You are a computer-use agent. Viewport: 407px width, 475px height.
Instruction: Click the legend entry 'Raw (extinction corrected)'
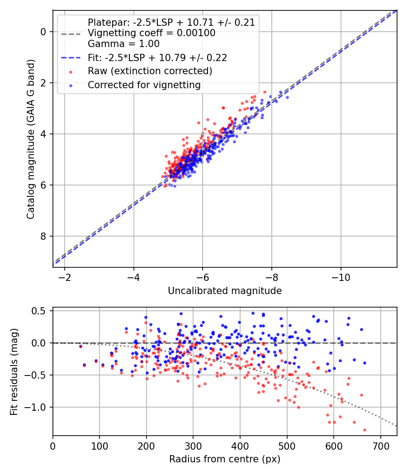coord(150,71)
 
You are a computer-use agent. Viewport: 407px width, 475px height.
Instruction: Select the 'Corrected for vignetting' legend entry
coord(144,85)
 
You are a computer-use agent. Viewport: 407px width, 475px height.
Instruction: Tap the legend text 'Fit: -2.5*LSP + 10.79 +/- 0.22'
coord(157,57)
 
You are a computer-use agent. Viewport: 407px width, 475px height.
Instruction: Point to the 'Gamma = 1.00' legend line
coord(123,44)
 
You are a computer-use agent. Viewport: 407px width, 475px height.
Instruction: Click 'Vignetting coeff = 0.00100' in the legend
coord(151,33)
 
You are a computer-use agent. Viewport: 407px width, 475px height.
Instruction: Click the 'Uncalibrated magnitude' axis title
coord(225,291)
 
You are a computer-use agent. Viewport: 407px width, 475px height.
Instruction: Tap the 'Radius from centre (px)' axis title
coord(225,459)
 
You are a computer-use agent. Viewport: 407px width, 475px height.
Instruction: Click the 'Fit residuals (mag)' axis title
coord(14,371)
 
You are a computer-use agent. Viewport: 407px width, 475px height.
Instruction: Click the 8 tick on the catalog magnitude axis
coord(43,236)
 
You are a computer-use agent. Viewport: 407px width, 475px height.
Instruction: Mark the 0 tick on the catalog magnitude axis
coord(43,32)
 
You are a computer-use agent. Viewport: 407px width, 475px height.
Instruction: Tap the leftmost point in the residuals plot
coord(80,346)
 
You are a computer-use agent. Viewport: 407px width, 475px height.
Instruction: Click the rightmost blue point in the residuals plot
coord(364,363)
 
